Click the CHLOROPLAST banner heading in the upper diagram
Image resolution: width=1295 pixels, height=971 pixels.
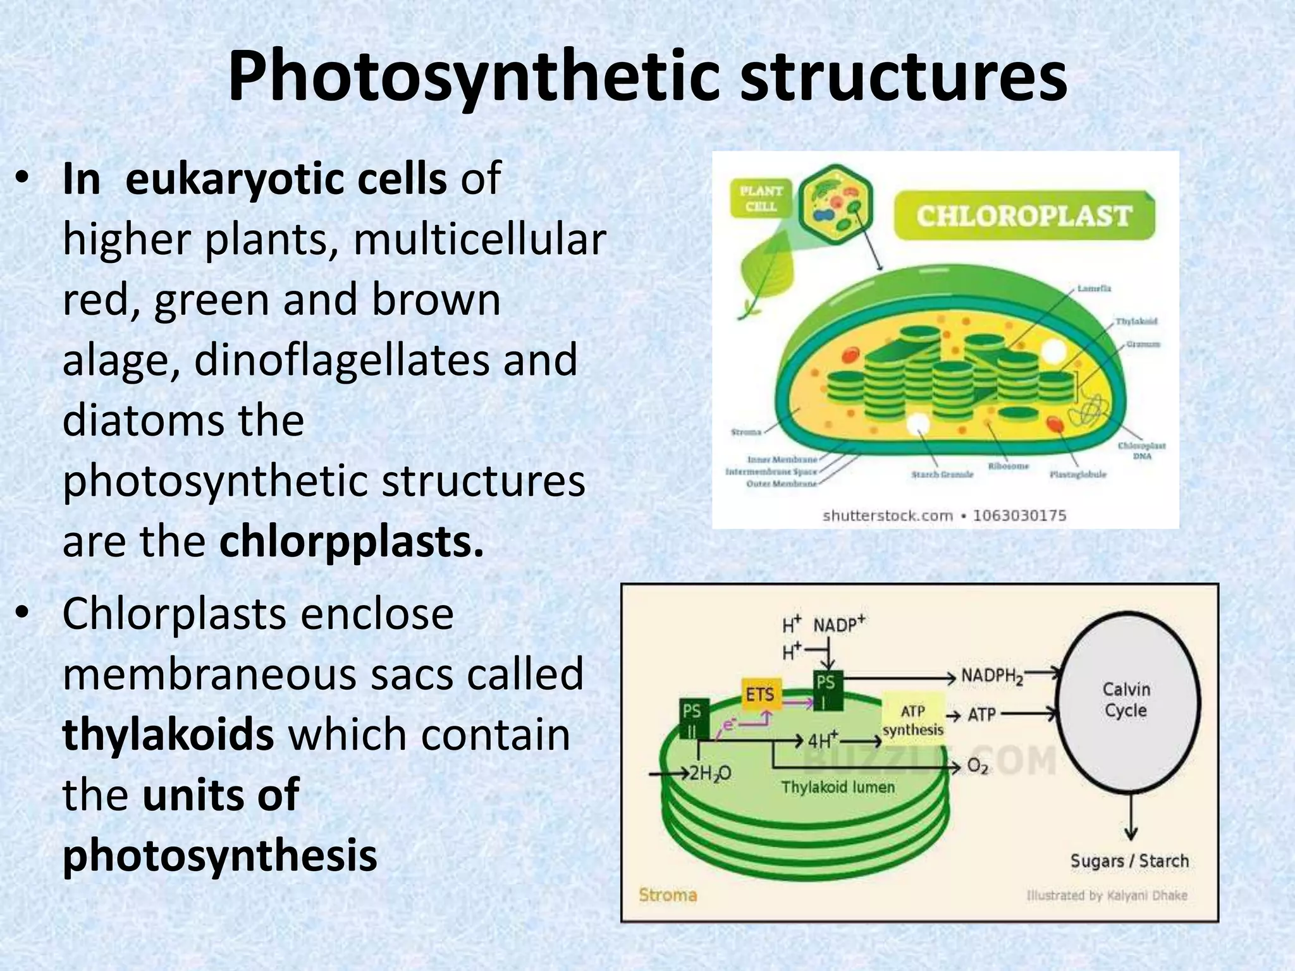pyautogui.click(x=1023, y=216)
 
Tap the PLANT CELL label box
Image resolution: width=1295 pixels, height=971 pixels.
pyautogui.click(x=761, y=198)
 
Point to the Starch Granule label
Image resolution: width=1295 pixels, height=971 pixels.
pyautogui.click(x=942, y=474)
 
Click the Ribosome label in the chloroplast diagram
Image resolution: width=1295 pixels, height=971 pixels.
pyautogui.click(x=1009, y=466)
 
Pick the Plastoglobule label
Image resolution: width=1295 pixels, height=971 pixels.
pyautogui.click(x=1077, y=474)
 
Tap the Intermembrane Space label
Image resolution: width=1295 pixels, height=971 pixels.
pyautogui.click(x=771, y=472)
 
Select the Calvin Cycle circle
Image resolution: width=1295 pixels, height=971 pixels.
pyautogui.click(x=1126, y=700)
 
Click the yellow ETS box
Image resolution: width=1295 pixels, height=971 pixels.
pyautogui.click(x=761, y=695)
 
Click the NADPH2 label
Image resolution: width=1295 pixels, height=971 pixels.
pyautogui.click(x=991, y=676)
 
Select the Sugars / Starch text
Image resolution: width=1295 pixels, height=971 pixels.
pyautogui.click(x=1129, y=861)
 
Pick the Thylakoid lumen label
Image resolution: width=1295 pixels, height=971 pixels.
pyautogui.click(x=838, y=788)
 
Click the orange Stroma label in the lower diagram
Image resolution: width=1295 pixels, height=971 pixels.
pyautogui.click(x=668, y=895)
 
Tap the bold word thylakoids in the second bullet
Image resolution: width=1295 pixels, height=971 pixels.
pyautogui.click(x=168, y=735)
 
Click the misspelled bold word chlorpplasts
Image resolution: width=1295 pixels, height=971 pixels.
pyautogui.click(x=352, y=542)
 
